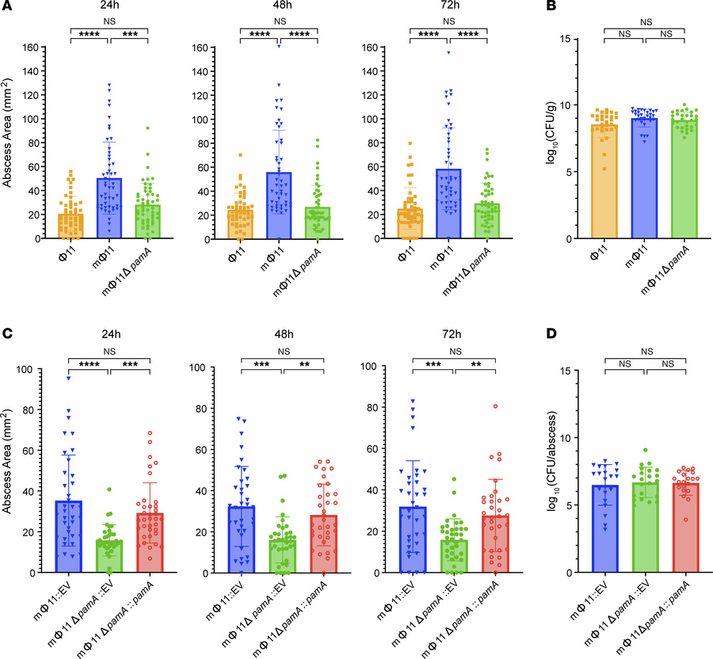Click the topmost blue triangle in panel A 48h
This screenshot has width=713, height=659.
click(279, 46)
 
